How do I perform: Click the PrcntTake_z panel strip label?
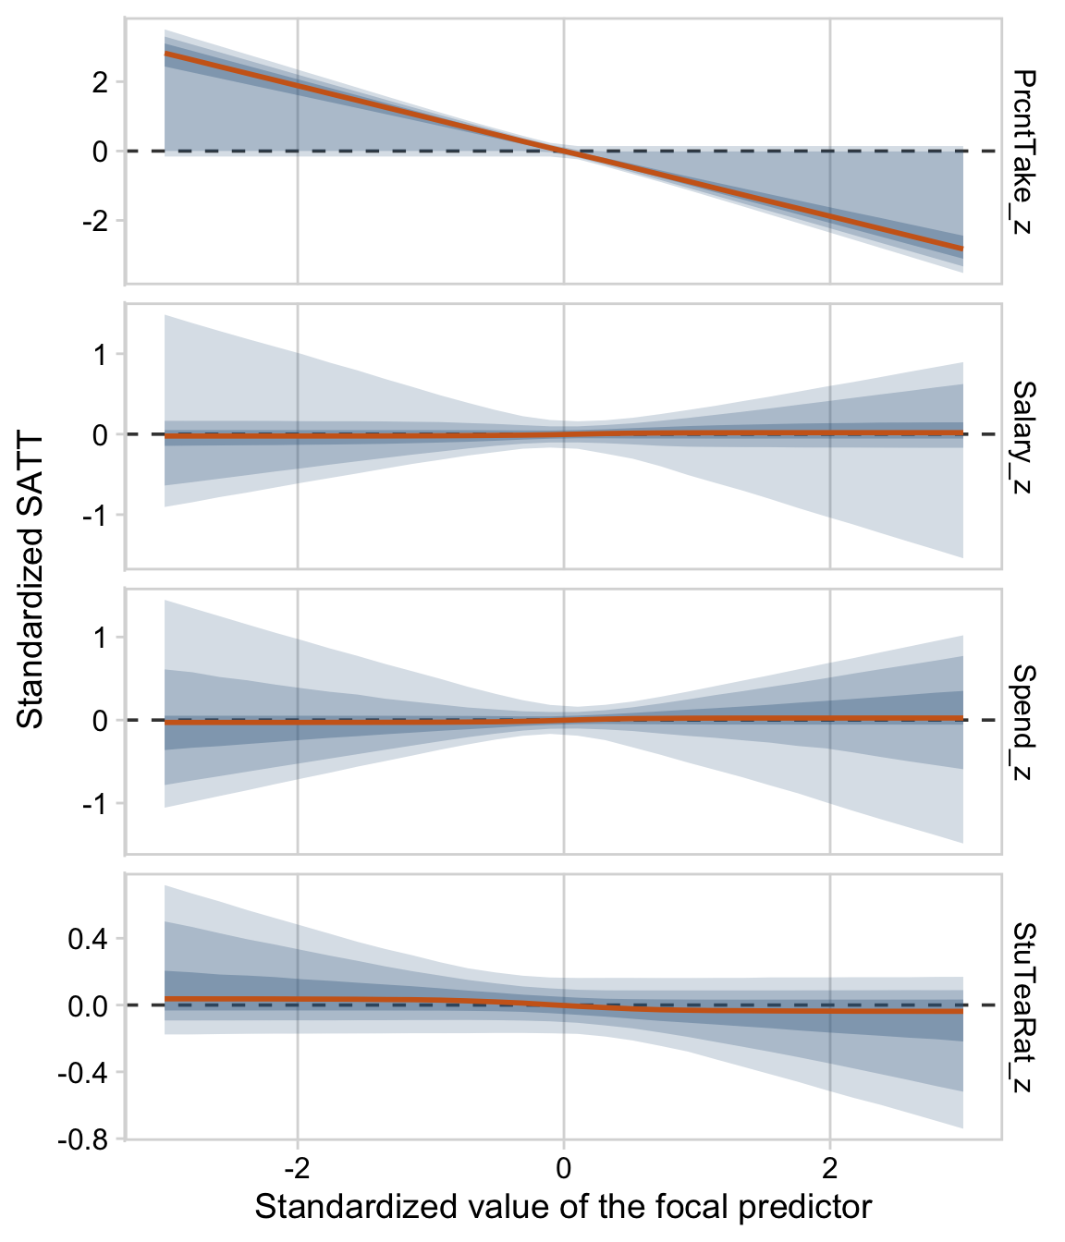tap(1022, 150)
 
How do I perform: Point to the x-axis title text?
tap(563, 1207)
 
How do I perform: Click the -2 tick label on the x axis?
tap(297, 1169)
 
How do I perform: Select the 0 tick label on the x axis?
tap(563, 1169)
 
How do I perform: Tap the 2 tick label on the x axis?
tap(829, 1169)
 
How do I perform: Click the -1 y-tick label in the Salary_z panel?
tap(96, 515)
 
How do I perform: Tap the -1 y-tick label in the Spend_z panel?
tap(96, 803)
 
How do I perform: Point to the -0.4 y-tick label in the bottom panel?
tap(85, 1073)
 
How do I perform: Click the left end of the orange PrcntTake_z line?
tap(165, 54)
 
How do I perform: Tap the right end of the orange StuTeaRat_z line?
tap(962, 1012)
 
